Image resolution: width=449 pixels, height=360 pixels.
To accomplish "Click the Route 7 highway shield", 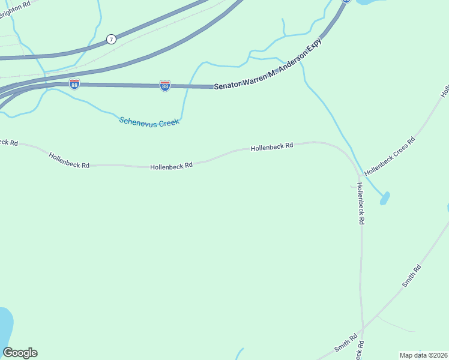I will tap(111, 39).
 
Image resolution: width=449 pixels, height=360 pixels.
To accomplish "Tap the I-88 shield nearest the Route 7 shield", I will tap(74, 83).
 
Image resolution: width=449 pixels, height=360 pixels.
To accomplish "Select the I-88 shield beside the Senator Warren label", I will tap(165, 86).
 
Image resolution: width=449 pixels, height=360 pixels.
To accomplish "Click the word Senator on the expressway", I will tap(228, 85).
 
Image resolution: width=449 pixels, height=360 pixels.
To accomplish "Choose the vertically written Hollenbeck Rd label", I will tap(360, 203).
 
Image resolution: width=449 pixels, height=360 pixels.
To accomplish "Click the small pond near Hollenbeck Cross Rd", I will tap(385, 198).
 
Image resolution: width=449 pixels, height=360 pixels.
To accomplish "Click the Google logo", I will tap(20, 353).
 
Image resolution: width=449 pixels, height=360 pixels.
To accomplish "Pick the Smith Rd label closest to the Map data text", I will tap(346, 343).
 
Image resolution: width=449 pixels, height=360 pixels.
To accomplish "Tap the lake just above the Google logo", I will tap(4, 326).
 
